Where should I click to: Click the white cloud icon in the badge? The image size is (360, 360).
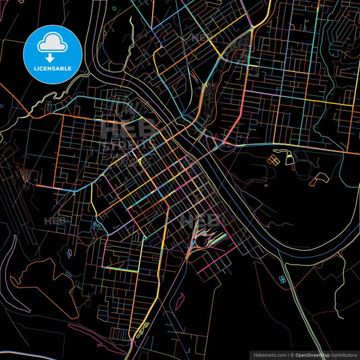coord(52,42)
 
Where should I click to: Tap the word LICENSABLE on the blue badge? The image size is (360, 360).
coord(52,69)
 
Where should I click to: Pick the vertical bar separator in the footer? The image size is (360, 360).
coord(288,355)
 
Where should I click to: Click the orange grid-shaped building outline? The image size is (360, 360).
coord(274,160)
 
